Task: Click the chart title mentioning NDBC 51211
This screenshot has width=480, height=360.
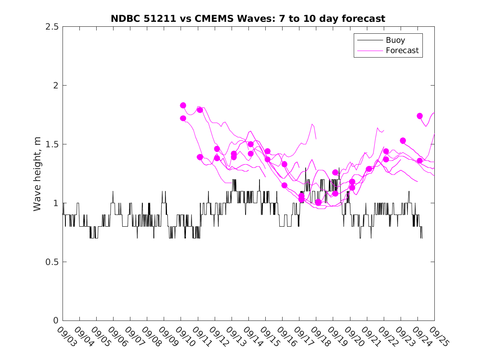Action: coord(248,19)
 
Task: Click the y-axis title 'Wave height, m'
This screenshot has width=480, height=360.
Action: coord(37,174)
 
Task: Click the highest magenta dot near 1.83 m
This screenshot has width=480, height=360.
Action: coord(183,105)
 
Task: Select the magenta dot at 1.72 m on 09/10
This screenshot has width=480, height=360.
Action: coord(183,118)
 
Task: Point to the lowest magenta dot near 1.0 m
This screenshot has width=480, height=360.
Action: coord(318,202)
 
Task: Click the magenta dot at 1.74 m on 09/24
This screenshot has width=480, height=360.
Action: coord(420,116)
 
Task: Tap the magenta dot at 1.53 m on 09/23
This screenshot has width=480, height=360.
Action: coord(403,141)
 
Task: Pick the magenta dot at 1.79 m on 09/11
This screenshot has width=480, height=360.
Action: coord(200,110)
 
